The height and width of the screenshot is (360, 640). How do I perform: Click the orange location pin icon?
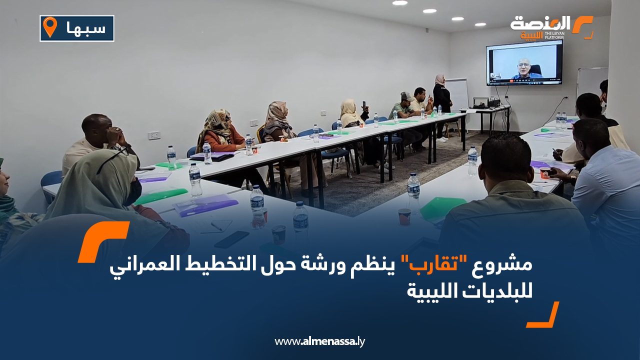(x=50, y=26)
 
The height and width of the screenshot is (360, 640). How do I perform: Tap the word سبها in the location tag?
(x=86, y=28)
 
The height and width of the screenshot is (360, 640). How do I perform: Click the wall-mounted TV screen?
(x=524, y=63)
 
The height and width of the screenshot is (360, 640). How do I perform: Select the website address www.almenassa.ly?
(x=319, y=341)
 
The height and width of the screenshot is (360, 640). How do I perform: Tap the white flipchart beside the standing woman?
(x=456, y=94)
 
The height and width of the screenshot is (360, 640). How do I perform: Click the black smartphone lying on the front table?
(x=231, y=239)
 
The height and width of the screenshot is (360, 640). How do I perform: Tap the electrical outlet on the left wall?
(x=154, y=135)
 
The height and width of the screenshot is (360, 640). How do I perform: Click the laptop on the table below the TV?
(x=481, y=103)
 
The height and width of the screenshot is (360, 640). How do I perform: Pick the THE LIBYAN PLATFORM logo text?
(x=554, y=35)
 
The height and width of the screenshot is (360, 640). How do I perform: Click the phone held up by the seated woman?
(x=364, y=105)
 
